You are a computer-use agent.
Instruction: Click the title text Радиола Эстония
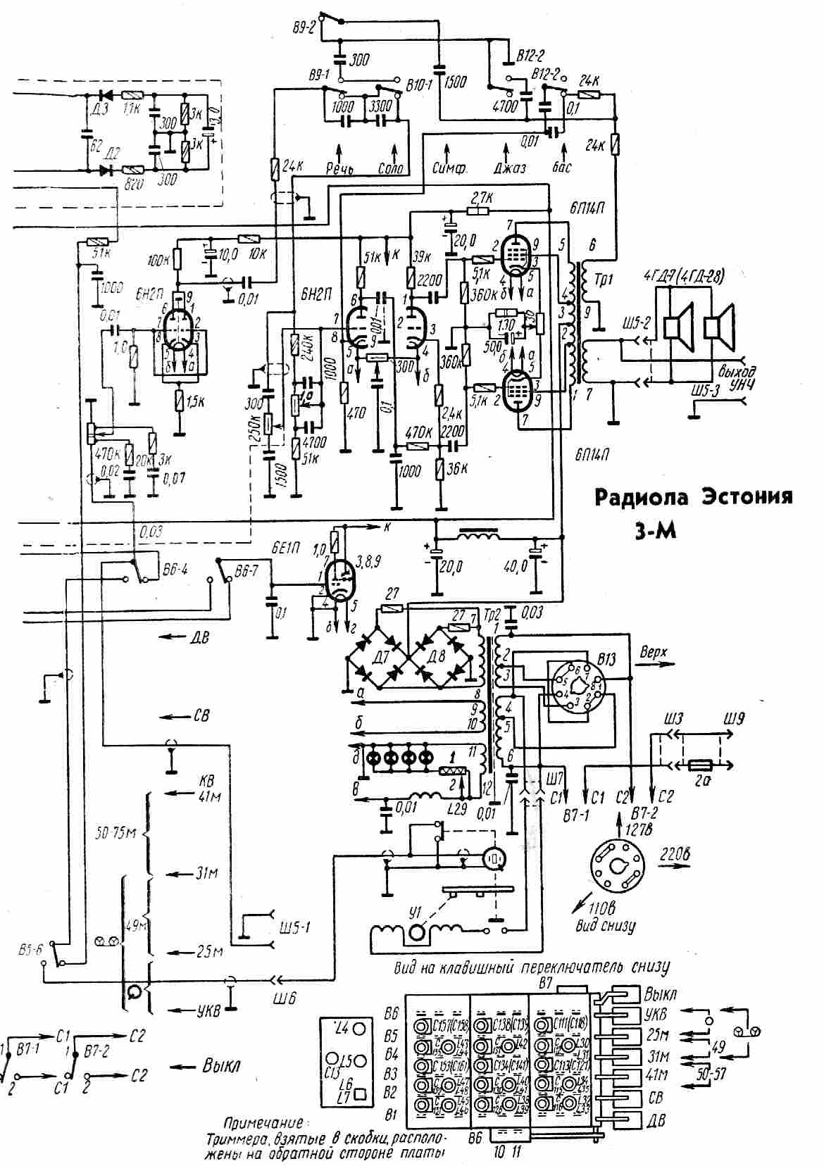tap(694, 497)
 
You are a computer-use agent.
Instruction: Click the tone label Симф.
tap(448, 169)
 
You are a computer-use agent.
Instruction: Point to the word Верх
tap(653, 651)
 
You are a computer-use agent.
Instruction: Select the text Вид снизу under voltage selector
tap(610, 926)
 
